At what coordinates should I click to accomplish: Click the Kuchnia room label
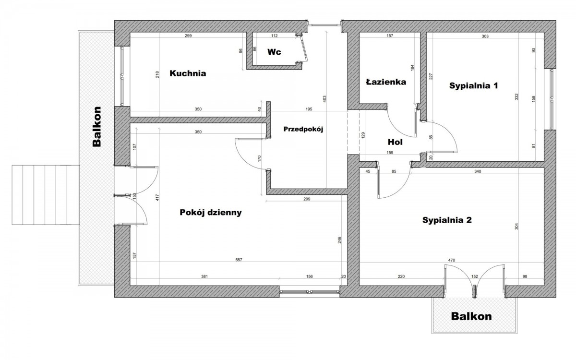coord(188,74)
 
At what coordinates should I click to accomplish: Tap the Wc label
coord(274,51)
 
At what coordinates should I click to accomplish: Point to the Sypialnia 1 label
coord(473,86)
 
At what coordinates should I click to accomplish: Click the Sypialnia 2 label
coord(447,221)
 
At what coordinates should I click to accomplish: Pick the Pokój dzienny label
coord(210,212)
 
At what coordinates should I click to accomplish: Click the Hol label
coord(395,142)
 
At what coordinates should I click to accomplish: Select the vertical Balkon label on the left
coord(97,126)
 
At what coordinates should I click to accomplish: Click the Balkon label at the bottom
coord(471,317)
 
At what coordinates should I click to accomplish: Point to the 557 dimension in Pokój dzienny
coord(239,260)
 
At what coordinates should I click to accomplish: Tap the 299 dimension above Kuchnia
coord(188,36)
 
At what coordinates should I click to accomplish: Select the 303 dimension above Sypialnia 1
coord(485,36)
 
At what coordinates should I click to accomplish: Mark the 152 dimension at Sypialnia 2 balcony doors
coord(475,276)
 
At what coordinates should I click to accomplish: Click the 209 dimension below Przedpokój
coord(307,199)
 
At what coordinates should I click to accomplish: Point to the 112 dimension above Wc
coord(274,36)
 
